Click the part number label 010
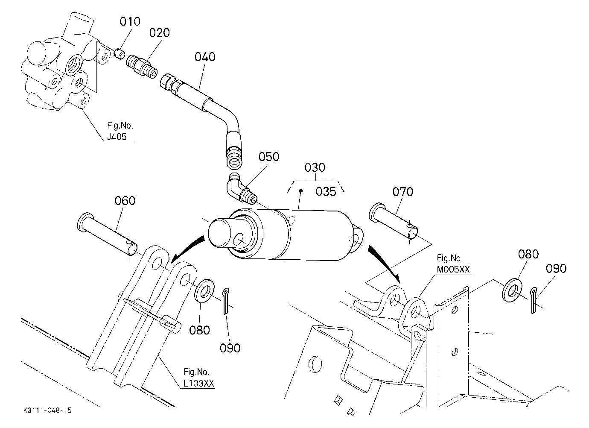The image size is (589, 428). tap(130, 22)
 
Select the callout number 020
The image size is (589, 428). tap(159, 33)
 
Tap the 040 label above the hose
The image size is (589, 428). tap(205, 57)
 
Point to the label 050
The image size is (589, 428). tap(269, 157)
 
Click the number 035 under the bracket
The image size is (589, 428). tap(326, 192)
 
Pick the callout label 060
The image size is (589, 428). tap(125, 201)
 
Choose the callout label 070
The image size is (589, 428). tap(402, 192)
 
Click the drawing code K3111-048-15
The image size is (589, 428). tap(48, 410)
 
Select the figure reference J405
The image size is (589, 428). tap(117, 137)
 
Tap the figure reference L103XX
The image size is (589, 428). tap(198, 383)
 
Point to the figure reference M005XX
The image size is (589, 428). tap(453, 270)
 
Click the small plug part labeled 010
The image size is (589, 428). tap(120, 54)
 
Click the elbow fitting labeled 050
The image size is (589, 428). tap(241, 189)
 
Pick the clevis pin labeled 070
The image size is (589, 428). tap(393, 220)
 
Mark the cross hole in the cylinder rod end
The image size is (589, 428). tap(239, 240)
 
